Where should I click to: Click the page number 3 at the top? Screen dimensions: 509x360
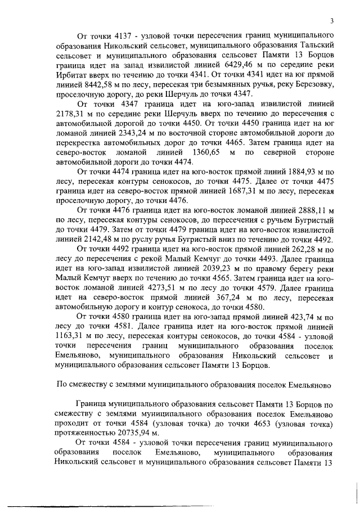click(x=332, y=21)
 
